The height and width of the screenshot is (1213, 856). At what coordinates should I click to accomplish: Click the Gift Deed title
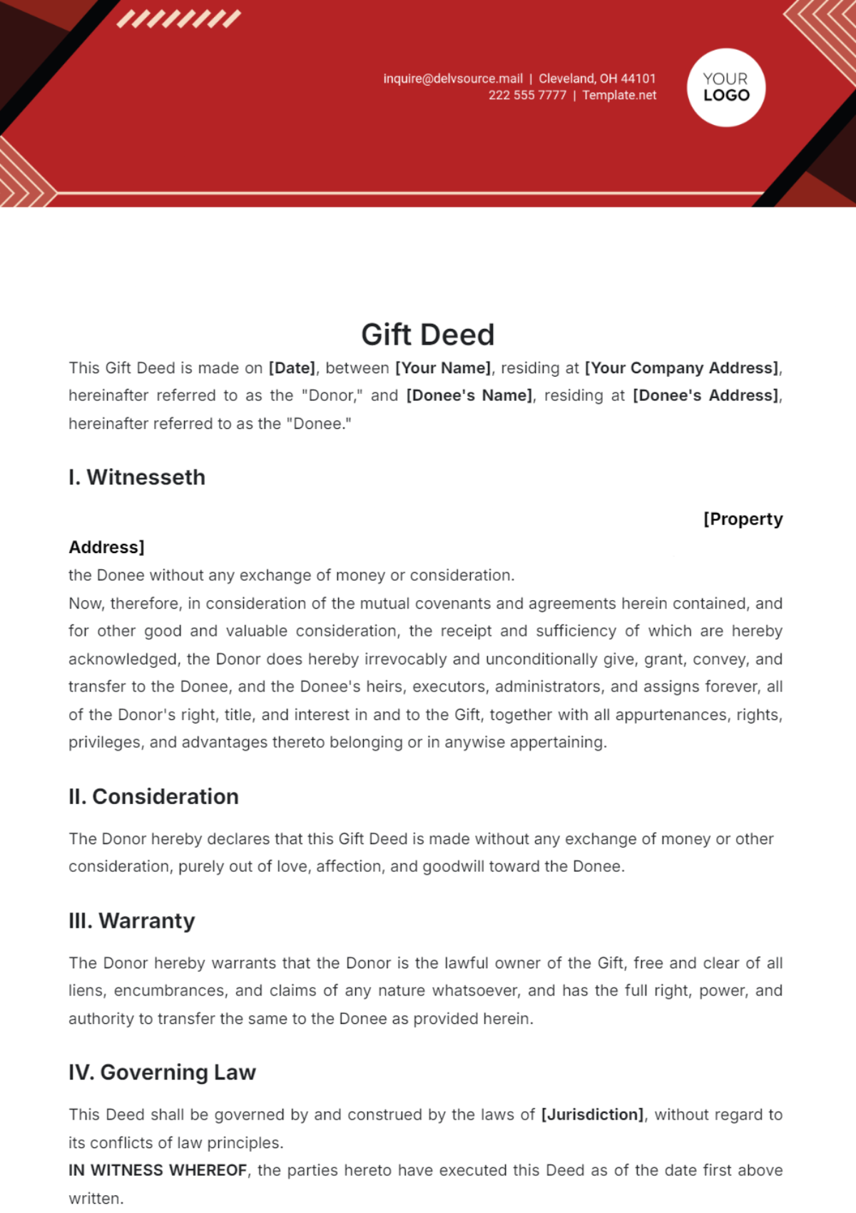click(427, 335)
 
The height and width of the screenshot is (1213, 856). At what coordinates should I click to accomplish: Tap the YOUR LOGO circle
click(726, 88)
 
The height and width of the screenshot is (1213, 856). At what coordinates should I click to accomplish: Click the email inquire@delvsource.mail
click(453, 78)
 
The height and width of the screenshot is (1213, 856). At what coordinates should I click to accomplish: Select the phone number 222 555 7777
click(527, 96)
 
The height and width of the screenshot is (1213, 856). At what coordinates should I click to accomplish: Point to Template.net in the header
click(619, 96)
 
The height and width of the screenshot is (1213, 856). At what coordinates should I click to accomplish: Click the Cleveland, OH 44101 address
click(597, 78)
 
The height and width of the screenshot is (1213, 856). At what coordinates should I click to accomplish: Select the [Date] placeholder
click(292, 368)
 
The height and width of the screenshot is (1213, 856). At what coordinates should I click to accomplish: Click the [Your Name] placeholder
click(443, 368)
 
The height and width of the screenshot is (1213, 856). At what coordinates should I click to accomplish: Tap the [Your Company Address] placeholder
click(682, 368)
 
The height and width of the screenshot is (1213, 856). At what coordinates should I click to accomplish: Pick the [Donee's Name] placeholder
click(469, 396)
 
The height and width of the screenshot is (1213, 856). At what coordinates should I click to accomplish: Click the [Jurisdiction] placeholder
click(593, 1115)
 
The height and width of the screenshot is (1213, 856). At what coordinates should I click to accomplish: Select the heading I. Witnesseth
click(137, 477)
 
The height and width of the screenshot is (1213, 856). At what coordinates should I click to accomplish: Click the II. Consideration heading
click(153, 796)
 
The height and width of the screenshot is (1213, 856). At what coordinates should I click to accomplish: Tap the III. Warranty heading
click(132, 921)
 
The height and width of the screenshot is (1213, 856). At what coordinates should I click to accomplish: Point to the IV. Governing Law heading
click(162, 1072)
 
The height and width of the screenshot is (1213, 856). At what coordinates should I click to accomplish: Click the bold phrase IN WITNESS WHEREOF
click(158, 1171)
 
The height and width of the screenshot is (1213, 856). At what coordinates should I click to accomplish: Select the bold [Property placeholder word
click(743, 519)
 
